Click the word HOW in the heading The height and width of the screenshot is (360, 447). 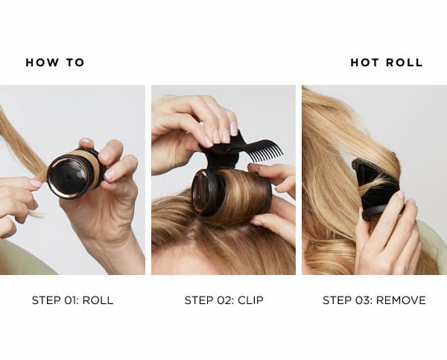(41, 63)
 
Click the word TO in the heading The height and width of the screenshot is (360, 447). (74, 63)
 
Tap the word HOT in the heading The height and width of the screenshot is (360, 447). (366, 63)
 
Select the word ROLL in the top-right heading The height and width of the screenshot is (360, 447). (404, 63)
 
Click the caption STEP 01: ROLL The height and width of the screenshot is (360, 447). (72, 300)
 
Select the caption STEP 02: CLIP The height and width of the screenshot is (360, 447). (223, 300)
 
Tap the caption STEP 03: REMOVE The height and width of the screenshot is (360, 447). (374, 300)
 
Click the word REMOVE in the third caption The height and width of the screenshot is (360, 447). (401, 300)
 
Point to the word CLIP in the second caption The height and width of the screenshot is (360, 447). (250, 300)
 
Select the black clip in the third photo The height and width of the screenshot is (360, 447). (376, 186)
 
